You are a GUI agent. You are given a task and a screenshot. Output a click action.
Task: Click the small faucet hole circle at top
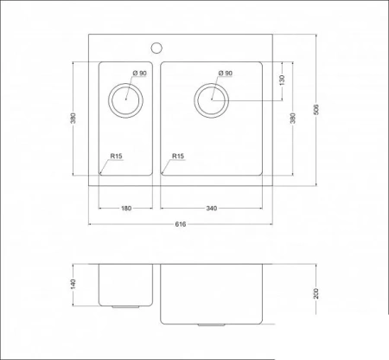point(158,45)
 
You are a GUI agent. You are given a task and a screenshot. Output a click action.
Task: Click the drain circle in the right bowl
point(210,100)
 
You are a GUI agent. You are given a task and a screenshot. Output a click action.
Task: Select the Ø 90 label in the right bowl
point(226,74)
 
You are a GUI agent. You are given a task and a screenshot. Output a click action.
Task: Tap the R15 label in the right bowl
point(178,157)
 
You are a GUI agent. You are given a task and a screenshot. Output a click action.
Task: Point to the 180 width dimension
point(126,208)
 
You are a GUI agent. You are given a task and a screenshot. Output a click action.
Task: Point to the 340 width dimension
point(212,208)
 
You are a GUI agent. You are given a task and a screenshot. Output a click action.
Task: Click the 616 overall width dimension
point(181,224)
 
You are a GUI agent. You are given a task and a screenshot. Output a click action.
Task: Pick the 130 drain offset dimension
point(282,80)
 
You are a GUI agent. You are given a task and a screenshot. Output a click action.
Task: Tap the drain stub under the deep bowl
point(211,325)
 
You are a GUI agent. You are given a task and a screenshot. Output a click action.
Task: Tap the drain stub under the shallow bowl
point(126,305)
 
